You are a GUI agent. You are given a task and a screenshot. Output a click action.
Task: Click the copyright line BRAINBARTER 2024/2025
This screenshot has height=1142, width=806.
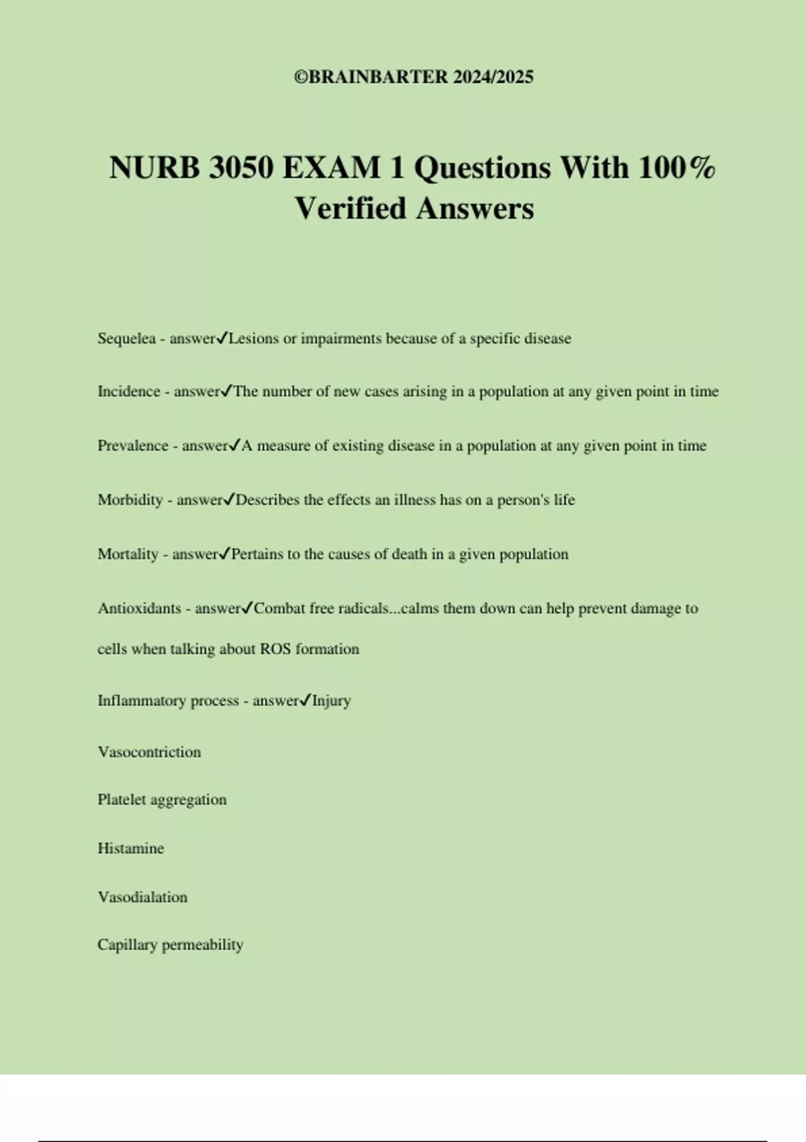click(414, 77)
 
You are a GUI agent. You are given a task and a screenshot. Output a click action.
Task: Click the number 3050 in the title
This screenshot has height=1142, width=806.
click(240, 168)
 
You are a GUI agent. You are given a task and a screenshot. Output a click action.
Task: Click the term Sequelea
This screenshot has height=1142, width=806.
click(126, 339)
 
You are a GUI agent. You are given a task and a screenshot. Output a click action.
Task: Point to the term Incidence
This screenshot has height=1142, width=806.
click(128, 392)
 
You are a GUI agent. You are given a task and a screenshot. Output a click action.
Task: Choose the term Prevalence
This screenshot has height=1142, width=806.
click(132, 446)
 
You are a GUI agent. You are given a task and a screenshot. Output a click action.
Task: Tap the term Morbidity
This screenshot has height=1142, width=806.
click(130, 500)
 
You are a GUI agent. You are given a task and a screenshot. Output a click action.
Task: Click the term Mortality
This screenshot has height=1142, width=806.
click(128, 555)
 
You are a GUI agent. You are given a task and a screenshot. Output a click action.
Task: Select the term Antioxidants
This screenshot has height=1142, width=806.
click(139, 609)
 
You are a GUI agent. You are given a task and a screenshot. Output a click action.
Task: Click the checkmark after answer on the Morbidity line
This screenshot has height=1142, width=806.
click(229, 499)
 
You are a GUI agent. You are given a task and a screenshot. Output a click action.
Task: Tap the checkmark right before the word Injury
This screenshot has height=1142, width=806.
click(305, 700)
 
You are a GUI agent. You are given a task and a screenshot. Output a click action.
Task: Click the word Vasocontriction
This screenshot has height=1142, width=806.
click(149, 752)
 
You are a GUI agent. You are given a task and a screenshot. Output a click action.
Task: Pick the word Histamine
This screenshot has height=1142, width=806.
click(130, 848)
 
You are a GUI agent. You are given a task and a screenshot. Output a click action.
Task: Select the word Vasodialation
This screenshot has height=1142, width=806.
click(142, 897)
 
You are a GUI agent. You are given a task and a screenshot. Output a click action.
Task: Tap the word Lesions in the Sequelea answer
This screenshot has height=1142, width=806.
click(253, 339)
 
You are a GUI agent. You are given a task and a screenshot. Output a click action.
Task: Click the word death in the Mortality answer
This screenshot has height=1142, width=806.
click(409, 555)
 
